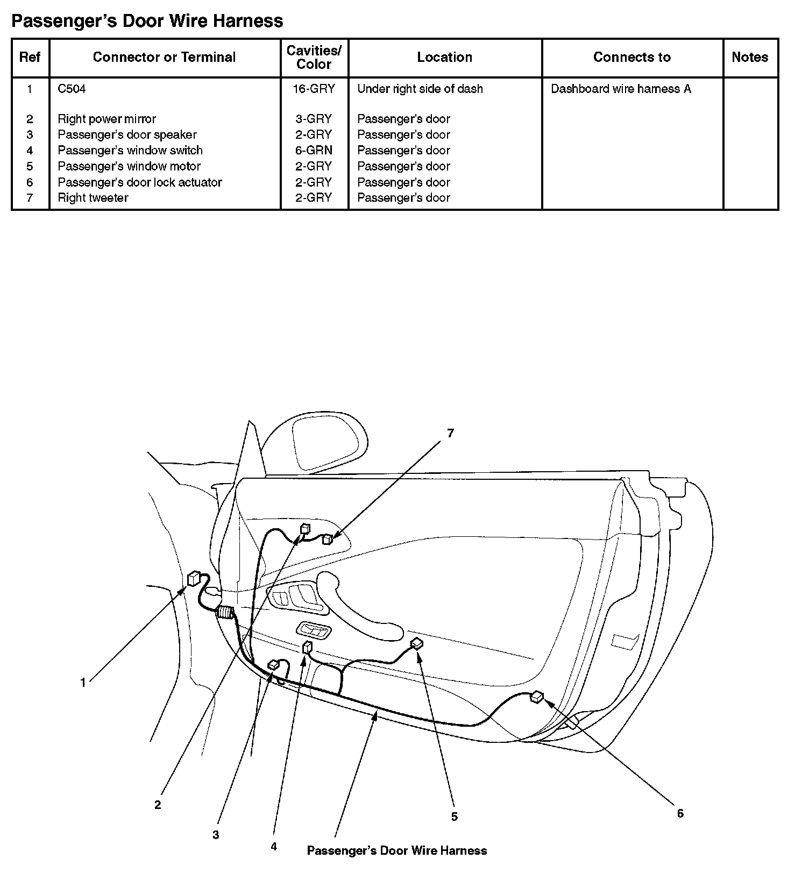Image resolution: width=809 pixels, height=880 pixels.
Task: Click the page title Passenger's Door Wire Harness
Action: click(x=147, y=21)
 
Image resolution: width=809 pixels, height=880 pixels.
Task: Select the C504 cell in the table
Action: click(x=72, y=89)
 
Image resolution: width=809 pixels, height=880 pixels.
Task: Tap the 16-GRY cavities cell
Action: click(x=314, y=89)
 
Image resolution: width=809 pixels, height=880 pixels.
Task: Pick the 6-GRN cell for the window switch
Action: click(x=314, y=151)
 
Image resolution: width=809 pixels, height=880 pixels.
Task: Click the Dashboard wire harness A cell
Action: click(x=621, y=89)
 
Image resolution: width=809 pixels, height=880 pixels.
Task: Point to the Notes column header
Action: click(x=750, y=57)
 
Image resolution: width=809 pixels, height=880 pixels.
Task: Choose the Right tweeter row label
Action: click(x=93, y=198)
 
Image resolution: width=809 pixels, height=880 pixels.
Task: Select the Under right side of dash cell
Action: click(x=420, y=89)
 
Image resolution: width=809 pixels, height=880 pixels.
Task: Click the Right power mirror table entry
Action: click(x=107, y=119)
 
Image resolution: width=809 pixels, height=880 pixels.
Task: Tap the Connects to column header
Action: click(x=631, y=57)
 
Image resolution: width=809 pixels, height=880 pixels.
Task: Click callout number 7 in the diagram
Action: click(x=450, y=433)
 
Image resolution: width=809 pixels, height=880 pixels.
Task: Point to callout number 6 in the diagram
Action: click(x=680, y=813)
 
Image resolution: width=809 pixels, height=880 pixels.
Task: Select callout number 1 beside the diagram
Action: click(x=83, y=683)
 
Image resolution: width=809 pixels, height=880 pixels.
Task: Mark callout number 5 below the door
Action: click(x=454, y=817)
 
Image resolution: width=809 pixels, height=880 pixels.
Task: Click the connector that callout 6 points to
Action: click(x=536, y=698)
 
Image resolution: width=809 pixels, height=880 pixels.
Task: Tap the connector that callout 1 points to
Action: click(x=194, y=579)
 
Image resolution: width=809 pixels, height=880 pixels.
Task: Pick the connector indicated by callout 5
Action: click(x=417, y=643)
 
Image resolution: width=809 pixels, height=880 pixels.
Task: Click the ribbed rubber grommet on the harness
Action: click(x=225, y=612)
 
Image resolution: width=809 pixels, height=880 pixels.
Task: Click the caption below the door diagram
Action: click(x=396, y=850)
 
